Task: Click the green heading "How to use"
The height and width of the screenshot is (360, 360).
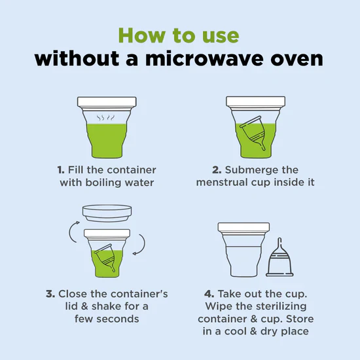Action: click(179, 35)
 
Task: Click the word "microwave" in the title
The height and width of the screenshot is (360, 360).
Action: click(204, 59)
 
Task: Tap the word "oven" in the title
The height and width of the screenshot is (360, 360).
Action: click(297, 59)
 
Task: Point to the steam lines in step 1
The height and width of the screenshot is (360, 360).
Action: click(105, 118)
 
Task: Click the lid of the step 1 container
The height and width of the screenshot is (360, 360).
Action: click(107, 101)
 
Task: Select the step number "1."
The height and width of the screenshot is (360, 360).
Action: click(61, 170)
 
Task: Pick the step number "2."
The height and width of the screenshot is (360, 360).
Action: click(217, 170)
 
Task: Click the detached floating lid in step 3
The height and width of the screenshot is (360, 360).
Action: click(107, 213)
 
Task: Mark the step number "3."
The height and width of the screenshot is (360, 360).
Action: click(50, 294)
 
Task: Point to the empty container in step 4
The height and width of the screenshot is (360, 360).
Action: click(244, 249)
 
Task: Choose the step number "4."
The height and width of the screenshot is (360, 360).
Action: click(209, 294)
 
